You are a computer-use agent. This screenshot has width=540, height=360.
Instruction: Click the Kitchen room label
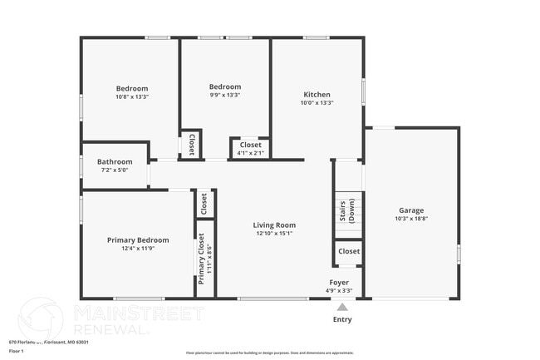[317, 95]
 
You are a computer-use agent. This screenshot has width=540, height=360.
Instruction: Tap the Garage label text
[411, 210]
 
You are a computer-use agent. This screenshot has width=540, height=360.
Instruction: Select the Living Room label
[275, 224]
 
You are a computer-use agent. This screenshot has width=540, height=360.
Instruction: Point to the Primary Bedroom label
[138, 239]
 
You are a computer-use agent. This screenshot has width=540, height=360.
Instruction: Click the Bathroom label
[115, 161]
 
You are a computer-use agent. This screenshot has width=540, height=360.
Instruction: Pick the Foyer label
[339, 282]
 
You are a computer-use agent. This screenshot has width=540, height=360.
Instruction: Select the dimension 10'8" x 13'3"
[131, 97]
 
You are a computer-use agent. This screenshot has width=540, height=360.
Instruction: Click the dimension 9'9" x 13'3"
[224, 95]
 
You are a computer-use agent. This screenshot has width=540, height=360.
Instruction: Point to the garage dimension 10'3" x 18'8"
[411, 219]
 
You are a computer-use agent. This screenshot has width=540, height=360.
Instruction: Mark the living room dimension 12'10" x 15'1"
[275, 233]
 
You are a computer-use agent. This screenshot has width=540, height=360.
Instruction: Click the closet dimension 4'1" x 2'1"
[250, 153]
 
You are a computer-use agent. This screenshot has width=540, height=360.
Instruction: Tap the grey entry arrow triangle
[341, 307]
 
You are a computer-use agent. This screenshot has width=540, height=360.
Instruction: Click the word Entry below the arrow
[341, 319]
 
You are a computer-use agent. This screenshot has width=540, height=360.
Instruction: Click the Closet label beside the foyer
[349, 251]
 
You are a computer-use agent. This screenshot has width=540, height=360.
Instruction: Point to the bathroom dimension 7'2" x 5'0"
[115, 170]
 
